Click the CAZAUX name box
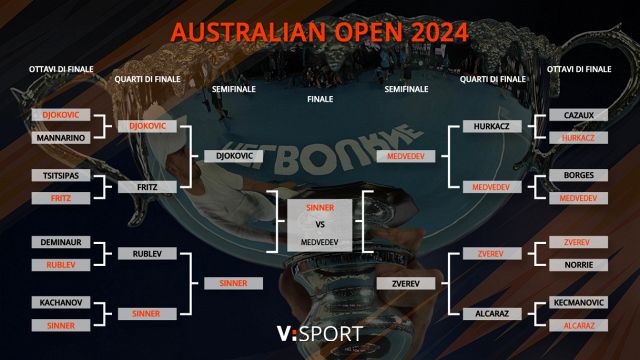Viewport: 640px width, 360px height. (x=578, y=115)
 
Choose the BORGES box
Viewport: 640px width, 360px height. (x=578, y=176)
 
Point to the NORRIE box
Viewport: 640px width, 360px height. (x=578, y=265)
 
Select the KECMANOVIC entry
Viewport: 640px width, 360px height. (x=578, y=302)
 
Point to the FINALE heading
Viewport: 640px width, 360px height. (x=320, y=100)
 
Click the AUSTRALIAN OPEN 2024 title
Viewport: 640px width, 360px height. (x=319, y=32)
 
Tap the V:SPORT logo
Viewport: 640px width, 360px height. (x=320, y=332)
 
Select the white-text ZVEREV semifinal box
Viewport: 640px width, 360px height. (x=404, y=283)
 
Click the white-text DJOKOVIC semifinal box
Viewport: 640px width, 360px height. (x=233, y=156)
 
